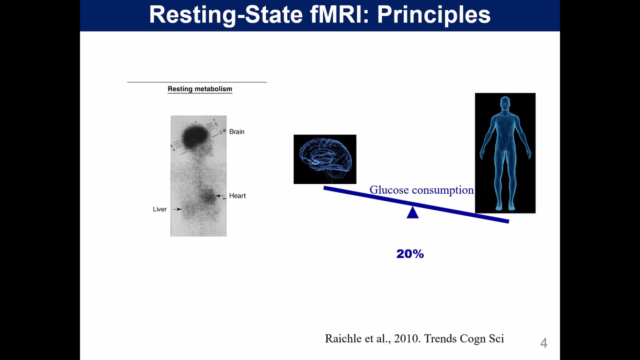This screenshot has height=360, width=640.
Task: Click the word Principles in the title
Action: pyautogui.click(x=434, y=14)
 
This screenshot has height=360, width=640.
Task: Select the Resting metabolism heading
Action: pyautogui.click(x=200, y=89)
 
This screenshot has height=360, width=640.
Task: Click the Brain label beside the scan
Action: pyautogui.click(x=236, y=131)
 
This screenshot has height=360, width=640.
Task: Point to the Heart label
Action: pyautogui.click(x=237, y=196)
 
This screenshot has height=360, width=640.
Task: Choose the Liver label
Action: pyautogui.click(x=159, y=209)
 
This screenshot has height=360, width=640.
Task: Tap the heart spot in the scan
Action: pyautogui.click(x=207, y=197)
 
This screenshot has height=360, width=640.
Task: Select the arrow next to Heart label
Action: pyautogui.click(x=220, y=196)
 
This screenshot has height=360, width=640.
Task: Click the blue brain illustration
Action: pyautogui.click(x=325, y=159)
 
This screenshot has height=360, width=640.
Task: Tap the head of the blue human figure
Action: pyautogui.click(x=504, y=104)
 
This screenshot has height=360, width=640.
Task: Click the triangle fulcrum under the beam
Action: pyautogui.click(x=412, y=212)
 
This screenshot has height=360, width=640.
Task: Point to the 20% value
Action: pyautogui.click(x=410, y=254)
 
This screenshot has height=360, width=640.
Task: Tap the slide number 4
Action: pyautogui.click(x=543, y=343)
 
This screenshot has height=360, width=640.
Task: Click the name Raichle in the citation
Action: pyautogui.click(x=344, y=338)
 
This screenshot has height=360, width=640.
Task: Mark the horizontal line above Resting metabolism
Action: pyautogui.click(x=197, y=82)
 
